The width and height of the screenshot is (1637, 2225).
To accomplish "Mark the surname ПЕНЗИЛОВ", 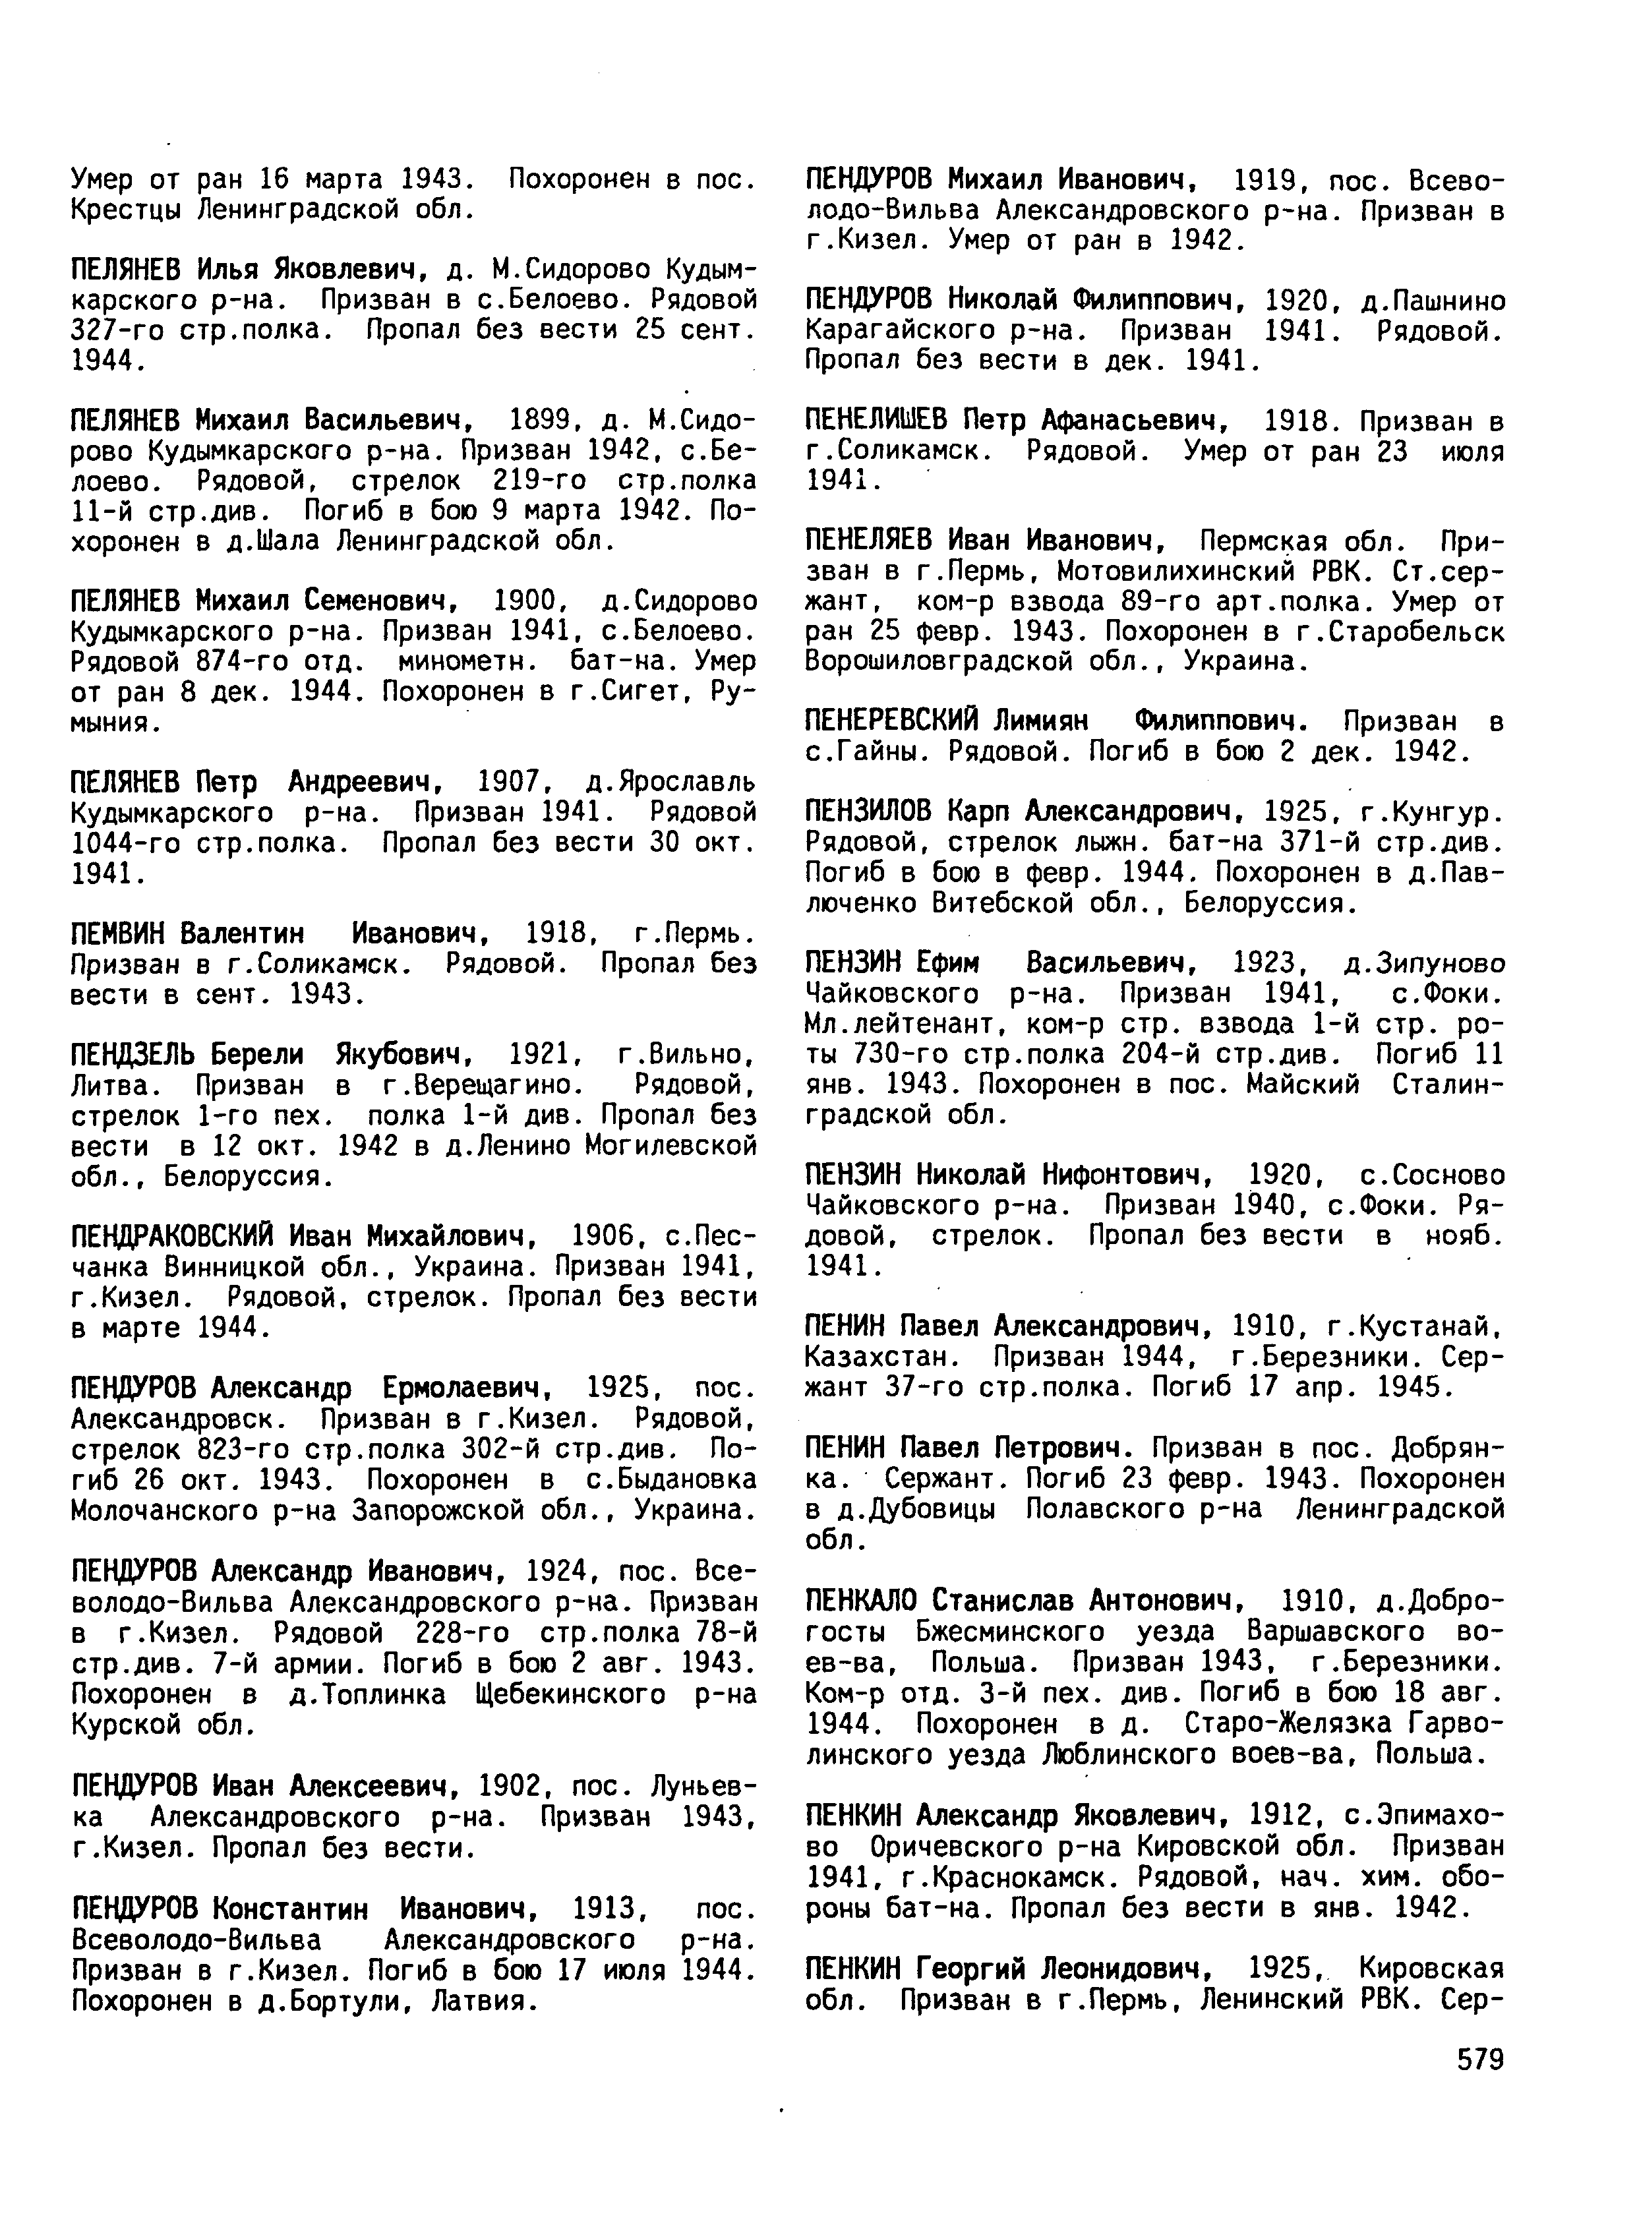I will (868, 812).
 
